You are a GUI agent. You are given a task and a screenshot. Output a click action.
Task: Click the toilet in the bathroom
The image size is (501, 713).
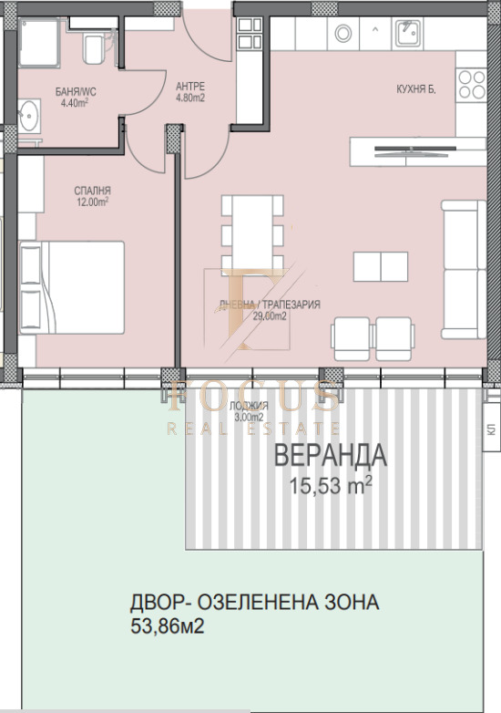92,48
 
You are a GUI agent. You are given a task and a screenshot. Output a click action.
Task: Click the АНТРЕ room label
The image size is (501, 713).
189,88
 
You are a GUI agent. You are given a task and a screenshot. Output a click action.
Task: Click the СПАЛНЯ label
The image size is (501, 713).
93,191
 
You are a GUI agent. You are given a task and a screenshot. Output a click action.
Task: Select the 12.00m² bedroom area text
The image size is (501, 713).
93,202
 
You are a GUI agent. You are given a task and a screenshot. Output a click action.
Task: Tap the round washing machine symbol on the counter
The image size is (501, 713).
344,34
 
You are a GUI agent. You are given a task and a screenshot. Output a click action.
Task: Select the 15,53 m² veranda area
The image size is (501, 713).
331,487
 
